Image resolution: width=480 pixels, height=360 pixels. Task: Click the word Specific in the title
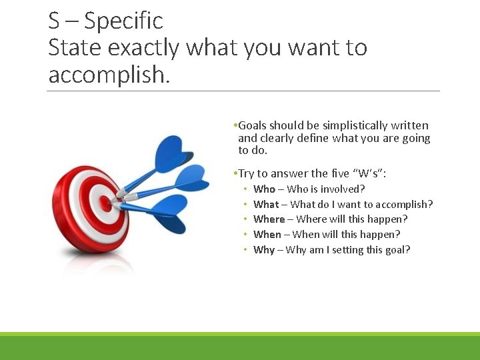(123, 21)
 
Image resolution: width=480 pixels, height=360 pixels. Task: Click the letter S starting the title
(54, 21)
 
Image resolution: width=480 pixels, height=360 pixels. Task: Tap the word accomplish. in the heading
(109, 75)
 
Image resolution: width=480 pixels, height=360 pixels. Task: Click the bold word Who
(264, 189)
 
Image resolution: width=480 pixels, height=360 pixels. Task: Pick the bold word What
(266, 205)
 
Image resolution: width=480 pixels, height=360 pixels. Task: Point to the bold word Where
(269, 219)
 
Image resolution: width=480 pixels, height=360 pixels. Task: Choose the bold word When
(267, 235)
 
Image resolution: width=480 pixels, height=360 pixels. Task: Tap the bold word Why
(264, 250)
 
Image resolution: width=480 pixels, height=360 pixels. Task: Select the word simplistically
(354, 125)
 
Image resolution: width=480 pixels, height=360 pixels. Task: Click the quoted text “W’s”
(369, 174)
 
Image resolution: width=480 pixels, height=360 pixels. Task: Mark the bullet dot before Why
(245, 250)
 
